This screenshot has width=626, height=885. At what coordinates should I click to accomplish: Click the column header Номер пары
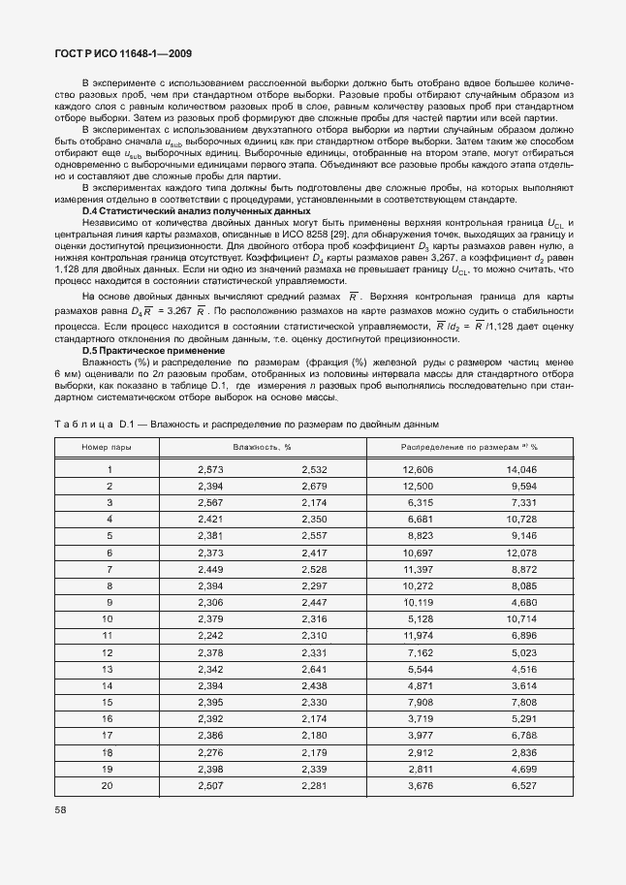coord(109,447)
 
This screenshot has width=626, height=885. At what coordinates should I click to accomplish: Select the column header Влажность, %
coord(262,447)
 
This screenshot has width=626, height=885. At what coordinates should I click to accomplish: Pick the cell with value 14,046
coord(520,469)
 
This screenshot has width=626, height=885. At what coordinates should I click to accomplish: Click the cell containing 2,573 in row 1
coord(210,469)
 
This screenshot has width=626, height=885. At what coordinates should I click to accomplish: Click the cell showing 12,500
coord(418,486)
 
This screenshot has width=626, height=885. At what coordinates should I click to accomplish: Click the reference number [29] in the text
coord(357,236)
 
